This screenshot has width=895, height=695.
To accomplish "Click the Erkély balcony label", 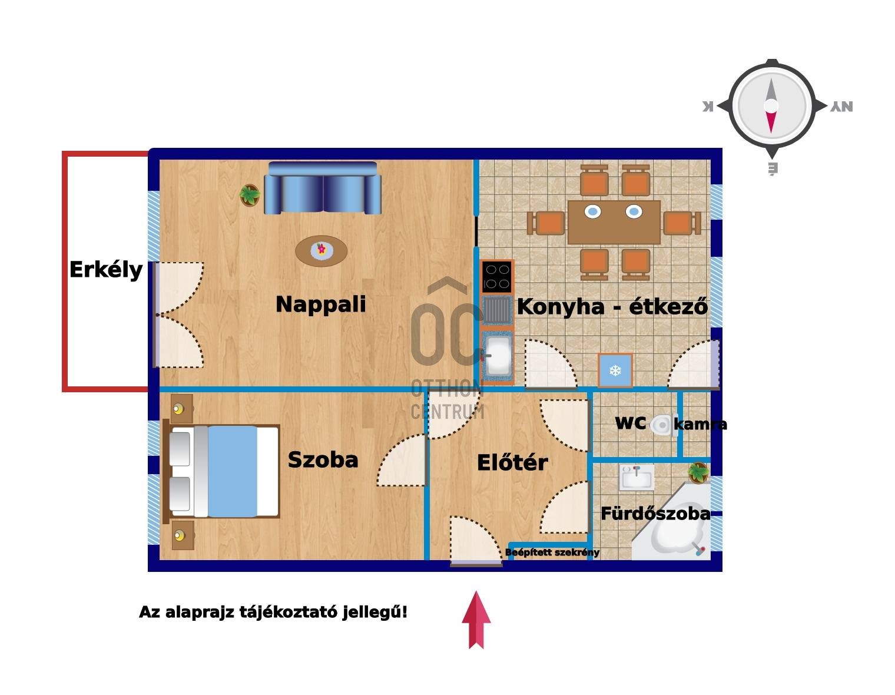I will point(106,270).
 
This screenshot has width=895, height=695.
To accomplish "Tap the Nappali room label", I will point(321,305).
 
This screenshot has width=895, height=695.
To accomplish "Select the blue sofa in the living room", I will point(323,188).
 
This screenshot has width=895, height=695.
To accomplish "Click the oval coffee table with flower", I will point(321,251).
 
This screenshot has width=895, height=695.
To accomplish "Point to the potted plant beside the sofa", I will point(250,195).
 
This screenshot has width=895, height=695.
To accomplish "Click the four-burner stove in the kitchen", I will point(496,276).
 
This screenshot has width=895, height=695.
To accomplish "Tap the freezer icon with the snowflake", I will point(615,370).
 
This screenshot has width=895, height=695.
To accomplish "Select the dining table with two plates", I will point(614,221).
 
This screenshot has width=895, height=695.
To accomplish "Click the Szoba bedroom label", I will point(323,460).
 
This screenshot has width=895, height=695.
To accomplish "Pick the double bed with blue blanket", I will point(224,471).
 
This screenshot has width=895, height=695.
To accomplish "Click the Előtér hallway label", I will point(512,463).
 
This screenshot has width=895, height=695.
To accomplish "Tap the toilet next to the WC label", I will point(663,424).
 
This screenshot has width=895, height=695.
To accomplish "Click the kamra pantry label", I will point(700,424).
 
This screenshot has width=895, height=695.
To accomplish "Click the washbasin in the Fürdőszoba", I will point(637,477).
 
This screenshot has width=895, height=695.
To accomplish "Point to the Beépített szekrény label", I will point(552,552).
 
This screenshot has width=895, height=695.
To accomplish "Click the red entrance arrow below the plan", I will point(476,620).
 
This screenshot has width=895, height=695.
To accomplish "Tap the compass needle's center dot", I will point(771,106).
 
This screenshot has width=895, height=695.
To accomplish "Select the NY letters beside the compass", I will point(841,107).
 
